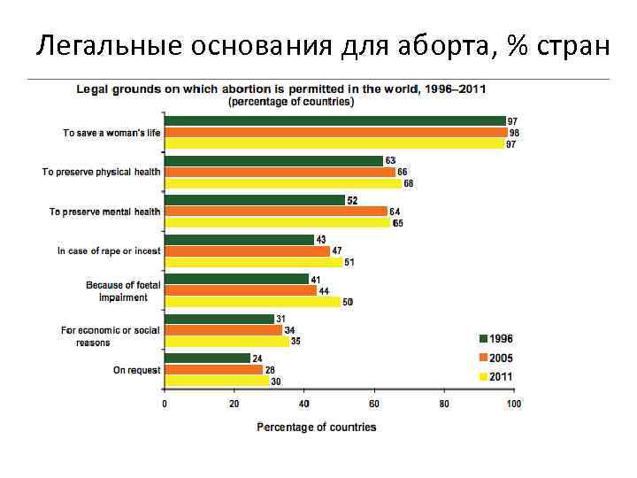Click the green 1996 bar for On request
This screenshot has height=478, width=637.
pos(207,358)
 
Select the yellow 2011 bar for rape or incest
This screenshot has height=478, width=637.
pos(253,262)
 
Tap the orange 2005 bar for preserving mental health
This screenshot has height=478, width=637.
pos(276,212)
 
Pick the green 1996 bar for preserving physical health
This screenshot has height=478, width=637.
pos(273,160)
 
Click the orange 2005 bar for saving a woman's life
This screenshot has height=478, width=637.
pos(335,132)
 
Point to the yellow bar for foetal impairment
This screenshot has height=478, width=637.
pos(252,302)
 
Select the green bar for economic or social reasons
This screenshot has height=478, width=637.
pos(219,319)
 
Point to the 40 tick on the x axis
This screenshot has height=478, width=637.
pos(304,404)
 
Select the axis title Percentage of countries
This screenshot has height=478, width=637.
pos(316,428)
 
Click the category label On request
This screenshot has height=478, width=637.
pos(136,370)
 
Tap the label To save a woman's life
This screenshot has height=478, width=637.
pos(111,133)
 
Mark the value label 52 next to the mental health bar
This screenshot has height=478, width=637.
pos(352,201)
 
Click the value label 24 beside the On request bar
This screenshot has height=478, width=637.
pos(257,358)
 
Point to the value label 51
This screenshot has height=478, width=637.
pos(349,262)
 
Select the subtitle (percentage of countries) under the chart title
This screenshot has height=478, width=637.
pos(291,102)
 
